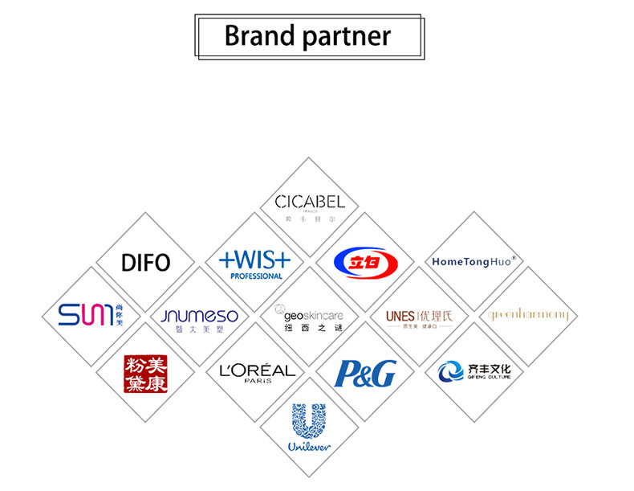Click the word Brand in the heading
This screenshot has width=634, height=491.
click(258, 36)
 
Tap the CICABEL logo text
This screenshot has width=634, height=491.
click(309, 201)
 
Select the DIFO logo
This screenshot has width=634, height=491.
click(145, 262)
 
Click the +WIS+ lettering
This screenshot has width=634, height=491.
click(255, 259)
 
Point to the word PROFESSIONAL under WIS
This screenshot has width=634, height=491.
click(256, 276)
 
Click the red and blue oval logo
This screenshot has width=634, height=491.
click(364, 262)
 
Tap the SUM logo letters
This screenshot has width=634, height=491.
click(83, 315)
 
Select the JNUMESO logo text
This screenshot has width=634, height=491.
click(199, 316)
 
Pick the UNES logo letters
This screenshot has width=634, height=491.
click(399, 316)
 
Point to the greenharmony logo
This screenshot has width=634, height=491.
click(529, 315)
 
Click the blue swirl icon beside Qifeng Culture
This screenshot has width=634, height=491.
click(451, 372)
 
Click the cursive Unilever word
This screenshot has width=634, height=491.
click(309, 447)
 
